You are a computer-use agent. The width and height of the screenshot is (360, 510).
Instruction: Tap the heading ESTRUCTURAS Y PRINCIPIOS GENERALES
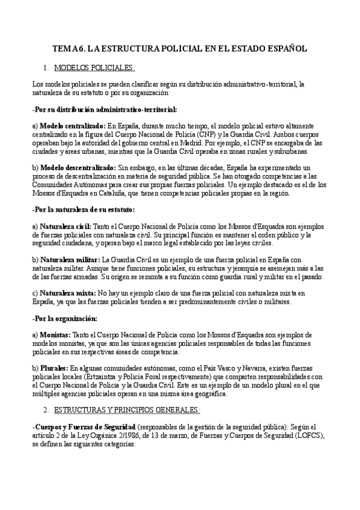126,410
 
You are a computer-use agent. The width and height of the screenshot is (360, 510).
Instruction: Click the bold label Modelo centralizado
72,125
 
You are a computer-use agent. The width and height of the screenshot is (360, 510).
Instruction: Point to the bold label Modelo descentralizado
77,165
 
